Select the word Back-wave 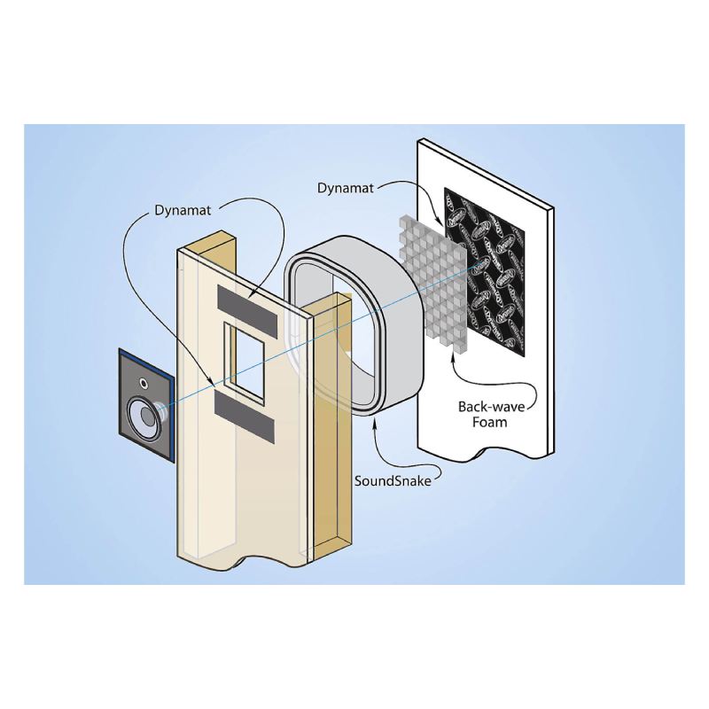coord(490,406)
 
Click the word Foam coord(490,422)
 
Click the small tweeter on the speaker coord(142,385)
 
